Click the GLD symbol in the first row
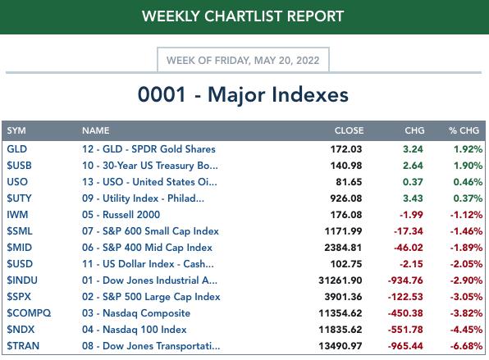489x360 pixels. tap(17, 149)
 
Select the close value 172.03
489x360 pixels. tap(346, 149)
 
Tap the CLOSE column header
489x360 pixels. tap(349, 130)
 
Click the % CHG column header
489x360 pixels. tap(464, 130)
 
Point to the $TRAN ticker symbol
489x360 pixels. tap(23, 346)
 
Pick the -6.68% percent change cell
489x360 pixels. tap(466, 346)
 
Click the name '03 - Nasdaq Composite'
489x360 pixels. tap(136, 313)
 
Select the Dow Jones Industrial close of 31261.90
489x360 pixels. tap(340, 280)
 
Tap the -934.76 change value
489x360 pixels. tap(405, 280)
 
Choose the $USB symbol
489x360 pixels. tap(20, 165)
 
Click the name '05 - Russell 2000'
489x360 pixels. tap(121, 214)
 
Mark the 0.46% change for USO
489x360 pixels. tap(468, 182)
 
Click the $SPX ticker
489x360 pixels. tap(19, 296)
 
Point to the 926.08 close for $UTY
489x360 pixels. tap(346, 198)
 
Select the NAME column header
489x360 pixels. tap(96, 130)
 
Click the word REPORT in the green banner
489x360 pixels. tap(315, 16)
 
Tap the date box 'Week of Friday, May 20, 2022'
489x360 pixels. tap(243, 60)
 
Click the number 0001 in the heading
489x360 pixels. tap(162, 94)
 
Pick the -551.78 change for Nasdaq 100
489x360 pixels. tap(405, 330)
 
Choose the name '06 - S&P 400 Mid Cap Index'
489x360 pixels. tap(147, 248)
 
